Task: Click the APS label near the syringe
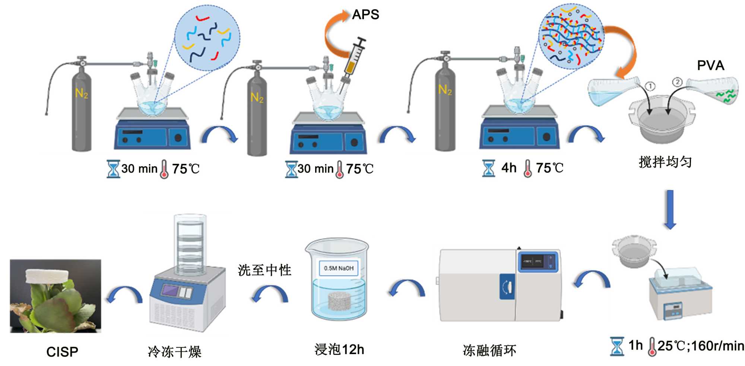(365, 15)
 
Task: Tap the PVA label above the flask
(710, 66)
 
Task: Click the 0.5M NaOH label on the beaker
(338, 268)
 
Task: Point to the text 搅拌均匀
(665, 162)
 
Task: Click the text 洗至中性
(264, 270)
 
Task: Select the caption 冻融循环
(489, 350)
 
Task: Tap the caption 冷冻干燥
(174, 351)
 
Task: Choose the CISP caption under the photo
(62, 352)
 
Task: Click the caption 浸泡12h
(339, 350)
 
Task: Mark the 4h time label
(508, 168)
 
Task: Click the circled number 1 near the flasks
(650, 86)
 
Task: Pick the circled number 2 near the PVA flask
(677, 82)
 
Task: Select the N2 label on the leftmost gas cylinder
(82, 93)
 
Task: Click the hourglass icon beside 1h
(616, 346)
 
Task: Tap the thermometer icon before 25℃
(652, 347)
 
